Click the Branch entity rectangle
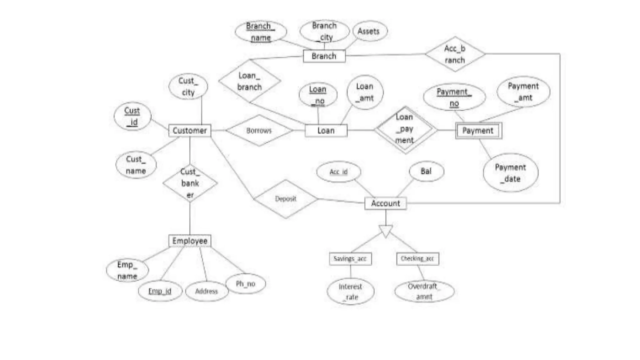pos(324,56)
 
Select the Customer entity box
pos(190,131)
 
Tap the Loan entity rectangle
pos(326,131)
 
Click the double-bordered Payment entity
pos(478,131)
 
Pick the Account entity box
pos(385,203)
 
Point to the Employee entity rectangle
pos(190,241)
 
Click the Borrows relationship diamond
pos(259,131)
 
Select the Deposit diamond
pos(286,199)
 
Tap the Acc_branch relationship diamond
pos(455,54)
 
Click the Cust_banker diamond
pos(190,183)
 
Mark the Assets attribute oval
pos(368,31)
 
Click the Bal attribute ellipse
pos(426,171)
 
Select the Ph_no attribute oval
pos(246,284)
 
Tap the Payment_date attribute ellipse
pos(511,173)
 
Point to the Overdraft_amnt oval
pos(424,291)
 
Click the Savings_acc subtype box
pos(350,259)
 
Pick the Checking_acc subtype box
pos(417,259)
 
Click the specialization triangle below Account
pos(386,231)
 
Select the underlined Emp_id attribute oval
pos(160,291)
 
